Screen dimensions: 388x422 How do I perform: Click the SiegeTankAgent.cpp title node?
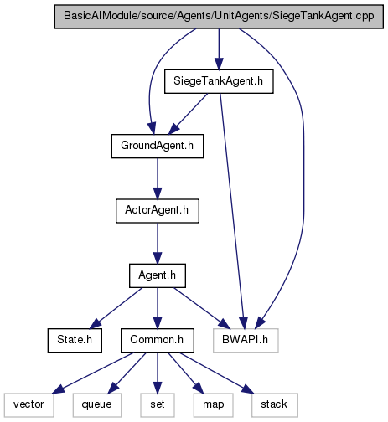pos(219,17)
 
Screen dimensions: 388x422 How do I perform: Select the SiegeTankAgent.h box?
pos(219,81)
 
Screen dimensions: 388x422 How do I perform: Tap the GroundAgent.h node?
pos(158,146)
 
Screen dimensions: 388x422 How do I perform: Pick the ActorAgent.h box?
pos(158,211)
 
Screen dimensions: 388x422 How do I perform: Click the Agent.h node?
pos(158,275)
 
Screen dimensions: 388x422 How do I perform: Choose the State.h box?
pos(75,340)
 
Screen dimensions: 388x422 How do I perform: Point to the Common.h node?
pos(158,340)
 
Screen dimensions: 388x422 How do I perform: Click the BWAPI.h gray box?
pos(246,340)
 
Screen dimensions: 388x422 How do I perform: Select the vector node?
pos(28,405)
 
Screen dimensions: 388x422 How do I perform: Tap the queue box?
pos(97,405)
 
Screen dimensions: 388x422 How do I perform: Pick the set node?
pos(158,405)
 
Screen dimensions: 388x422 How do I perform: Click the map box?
pos(213,405)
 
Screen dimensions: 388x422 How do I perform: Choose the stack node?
pos(275,405)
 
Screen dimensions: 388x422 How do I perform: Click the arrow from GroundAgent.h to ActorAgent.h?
pos(158,178)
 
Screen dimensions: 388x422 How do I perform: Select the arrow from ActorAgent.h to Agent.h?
pos(158,244)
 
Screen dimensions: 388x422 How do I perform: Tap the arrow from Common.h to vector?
pos(93,373)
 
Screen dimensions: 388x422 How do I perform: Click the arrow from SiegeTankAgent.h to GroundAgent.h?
pos(188,114)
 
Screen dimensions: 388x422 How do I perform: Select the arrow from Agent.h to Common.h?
pos(158,308)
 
